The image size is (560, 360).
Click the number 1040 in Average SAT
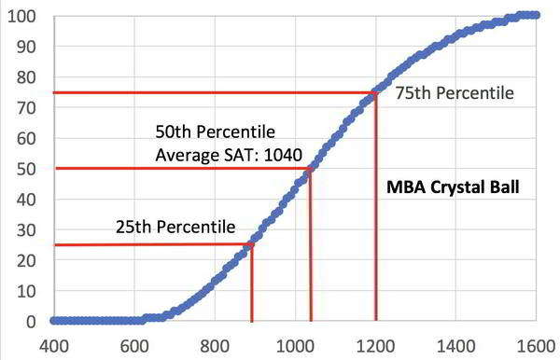click(x=282, y=154)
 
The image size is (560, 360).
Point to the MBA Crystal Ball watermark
click(x=453, y=187)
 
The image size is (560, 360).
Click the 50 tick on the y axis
click(x=27, y=169)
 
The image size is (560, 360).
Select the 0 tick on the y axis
click(x=31, y=321)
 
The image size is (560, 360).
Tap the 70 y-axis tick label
click(x=27, y=108)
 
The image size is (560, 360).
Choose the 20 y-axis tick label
click(x=27, y=260)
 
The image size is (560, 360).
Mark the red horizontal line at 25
click(x=149, y=245)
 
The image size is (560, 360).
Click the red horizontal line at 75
click(x=215, y=92)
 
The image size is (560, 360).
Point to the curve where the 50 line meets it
click(x=309, y=169)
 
